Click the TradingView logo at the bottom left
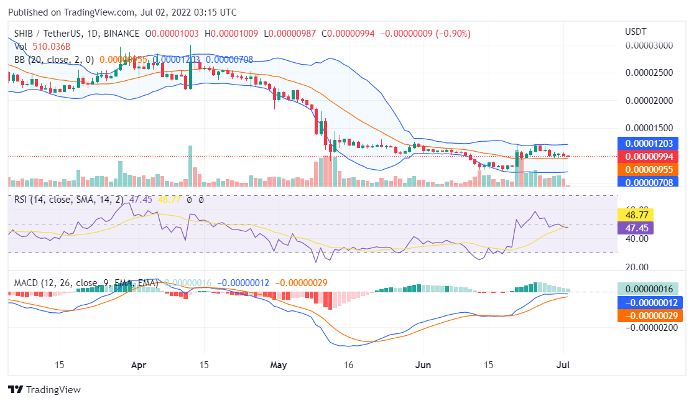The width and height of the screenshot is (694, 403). click(44, 390)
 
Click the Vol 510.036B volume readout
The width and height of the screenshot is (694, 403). click(43, 46)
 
